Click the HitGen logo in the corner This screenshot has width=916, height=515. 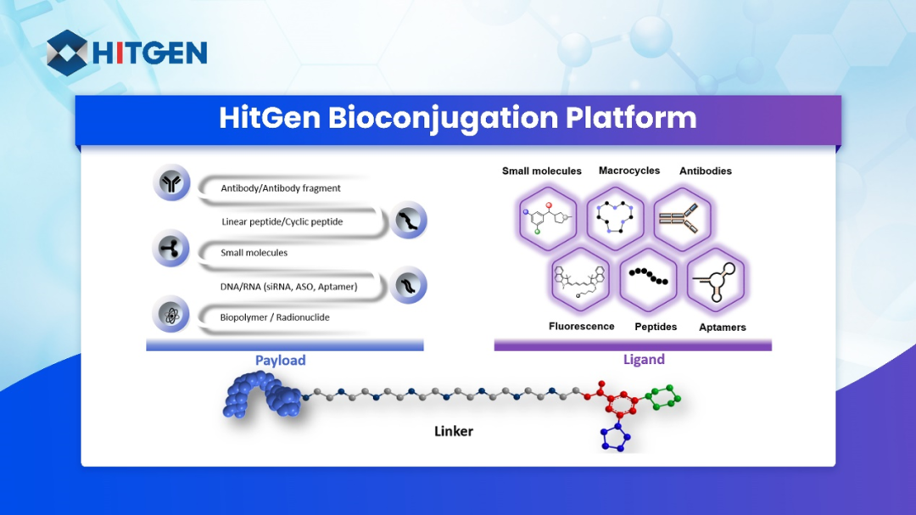(x=126, y=53)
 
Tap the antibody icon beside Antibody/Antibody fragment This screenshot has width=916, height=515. (x=172, y=183)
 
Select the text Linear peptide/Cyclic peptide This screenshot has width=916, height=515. (x=282, y=221)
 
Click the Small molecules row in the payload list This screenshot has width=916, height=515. (x=254, y=253)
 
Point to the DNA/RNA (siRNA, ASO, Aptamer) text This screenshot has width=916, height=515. (x=288, y=287)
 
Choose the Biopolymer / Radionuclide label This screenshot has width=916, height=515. (x=275, y=317)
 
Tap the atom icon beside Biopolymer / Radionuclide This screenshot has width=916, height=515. (x=172, y=315)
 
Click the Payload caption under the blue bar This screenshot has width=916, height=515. (x=280, y=361)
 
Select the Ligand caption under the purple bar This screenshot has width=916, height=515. (x=644, y=360)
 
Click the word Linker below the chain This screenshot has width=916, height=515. (x=454, y=431)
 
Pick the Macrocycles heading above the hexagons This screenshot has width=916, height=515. (x=628, y=171)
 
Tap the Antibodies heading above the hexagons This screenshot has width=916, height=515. (x=705, y=171)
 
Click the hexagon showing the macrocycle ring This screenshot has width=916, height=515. (x=616, y=219)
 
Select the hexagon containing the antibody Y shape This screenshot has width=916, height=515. (x=683, y=219)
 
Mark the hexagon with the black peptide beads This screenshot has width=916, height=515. (x=649, y=279)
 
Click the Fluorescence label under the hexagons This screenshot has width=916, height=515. (x=581, y=327)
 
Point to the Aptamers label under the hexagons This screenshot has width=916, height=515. (x=723, y=327)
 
